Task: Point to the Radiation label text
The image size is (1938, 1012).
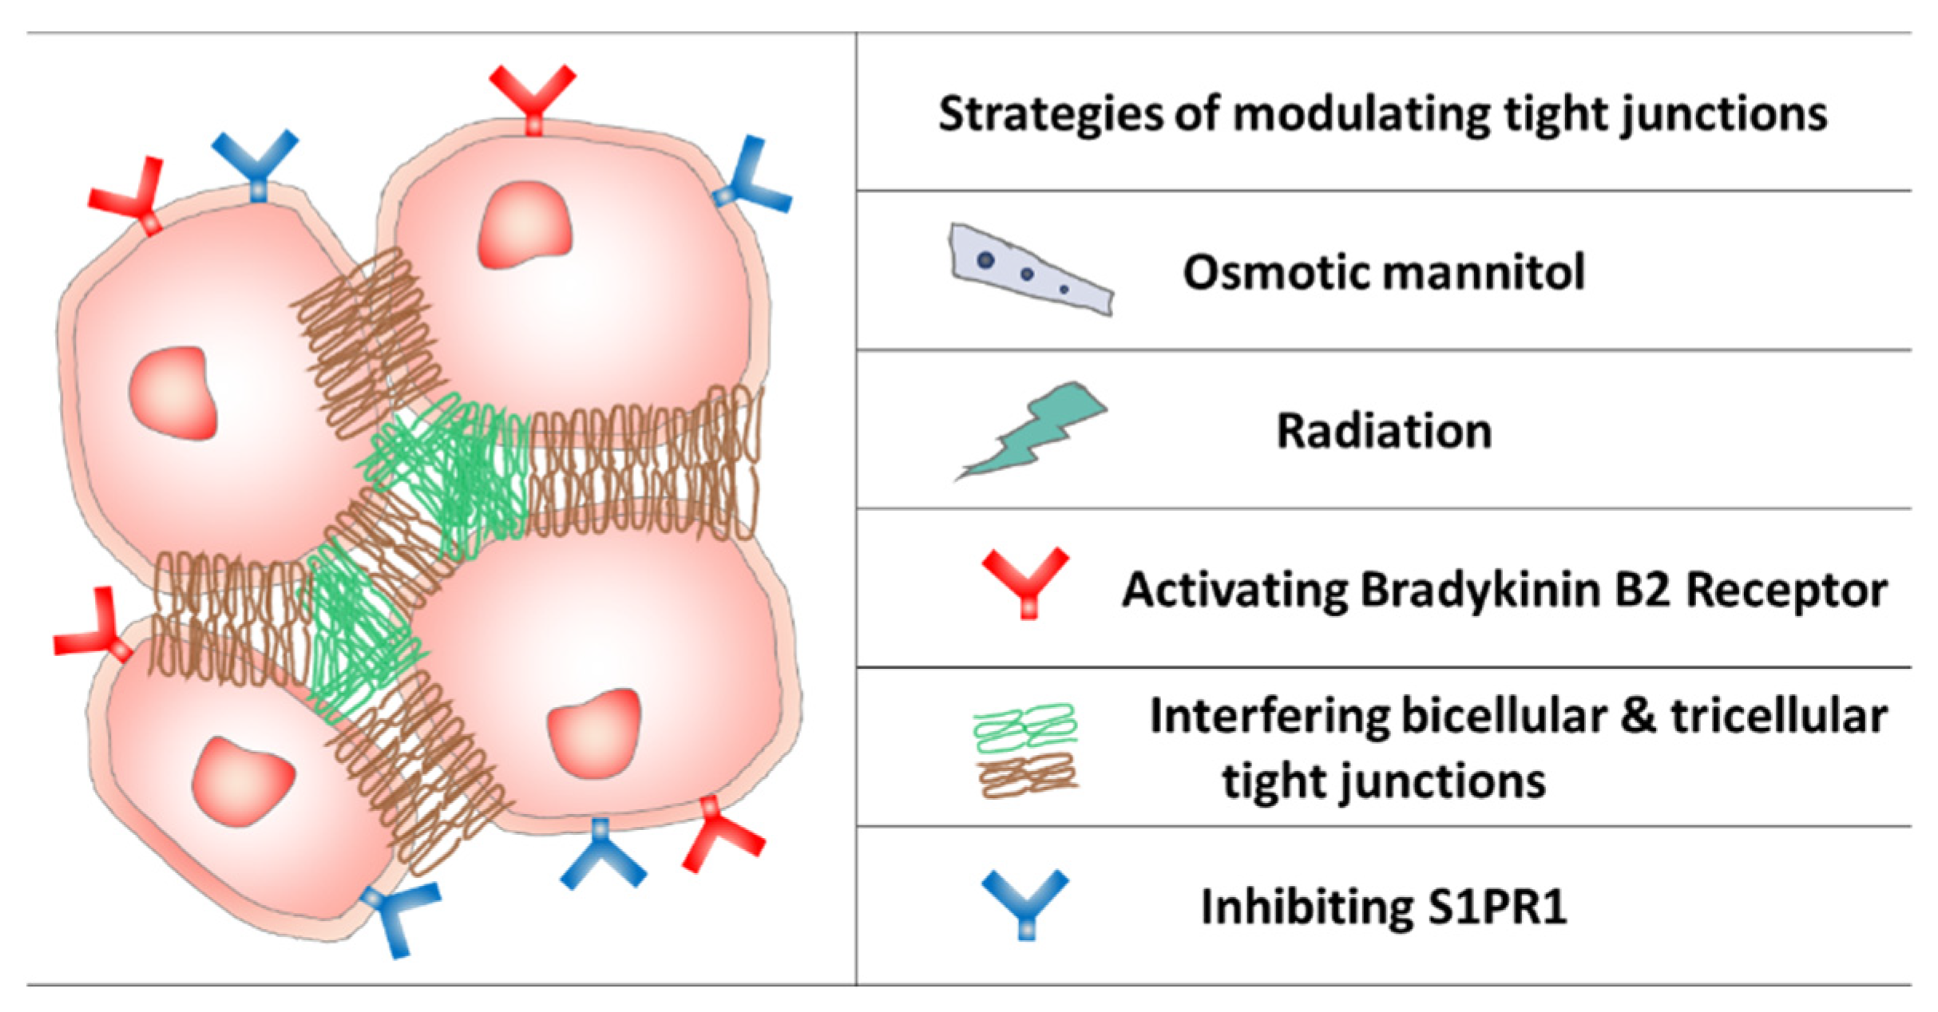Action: click(1384, 432)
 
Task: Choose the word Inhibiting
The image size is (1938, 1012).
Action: click(1306, 907)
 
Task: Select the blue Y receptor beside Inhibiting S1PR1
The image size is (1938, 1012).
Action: click(1025, 903)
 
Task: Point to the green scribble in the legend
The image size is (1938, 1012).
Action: click(1025, 727)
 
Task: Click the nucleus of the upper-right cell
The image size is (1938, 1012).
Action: click(525, 225)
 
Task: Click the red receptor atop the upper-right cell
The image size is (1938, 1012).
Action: click(533, 97)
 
